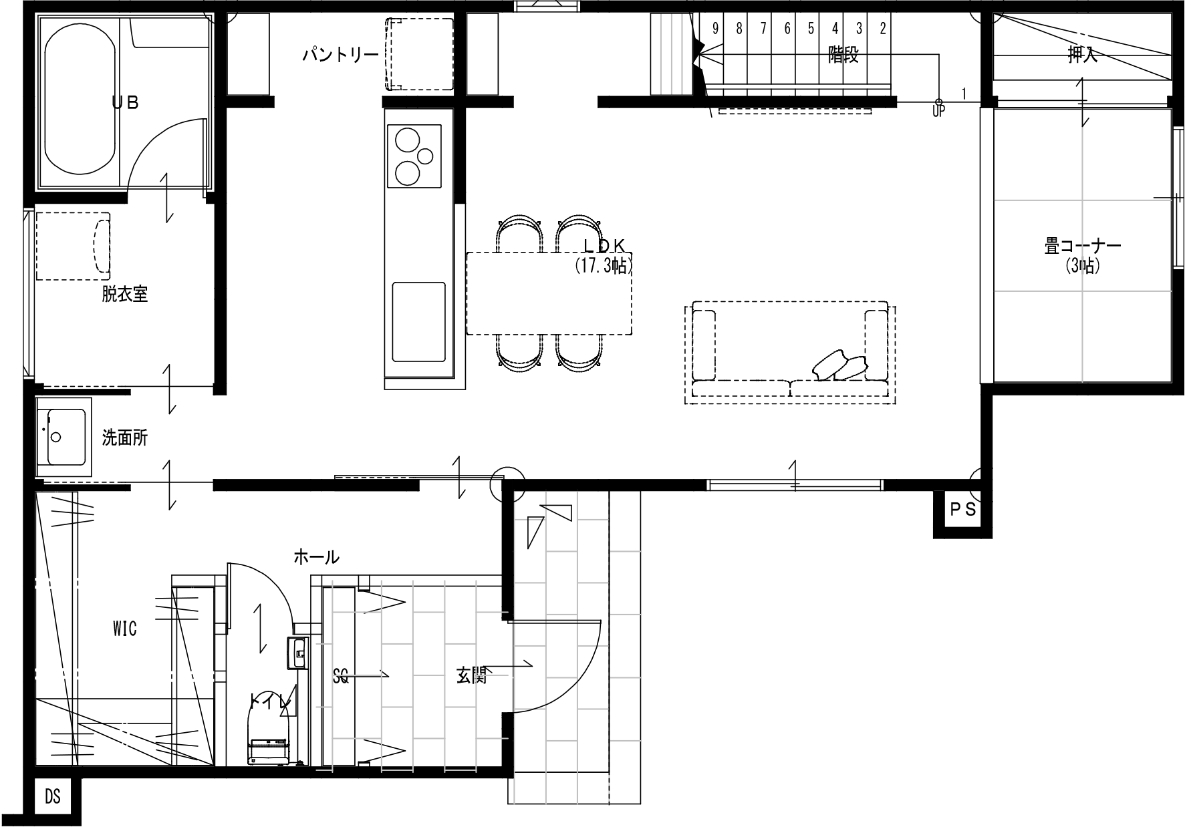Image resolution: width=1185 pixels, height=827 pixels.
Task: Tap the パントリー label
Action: [340, 54]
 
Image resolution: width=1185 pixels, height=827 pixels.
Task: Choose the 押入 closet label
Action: [1083, 55]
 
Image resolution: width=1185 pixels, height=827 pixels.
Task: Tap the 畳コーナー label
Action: [1083, 246]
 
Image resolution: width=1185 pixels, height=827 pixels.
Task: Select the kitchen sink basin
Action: [418, 322]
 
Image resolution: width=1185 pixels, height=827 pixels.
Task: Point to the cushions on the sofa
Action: [841, 365]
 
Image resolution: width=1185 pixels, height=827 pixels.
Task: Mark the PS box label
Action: [963, 510]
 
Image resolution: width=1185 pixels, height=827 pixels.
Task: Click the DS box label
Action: [53, 797]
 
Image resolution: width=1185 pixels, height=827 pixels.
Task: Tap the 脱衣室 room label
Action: [125, 294]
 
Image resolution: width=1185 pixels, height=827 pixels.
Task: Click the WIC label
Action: [125, 628]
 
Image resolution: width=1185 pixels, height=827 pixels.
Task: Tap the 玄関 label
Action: [471, 676]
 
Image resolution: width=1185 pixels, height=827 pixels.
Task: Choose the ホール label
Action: [317, 556]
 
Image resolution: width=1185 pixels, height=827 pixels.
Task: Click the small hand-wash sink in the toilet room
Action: [296, 653]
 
